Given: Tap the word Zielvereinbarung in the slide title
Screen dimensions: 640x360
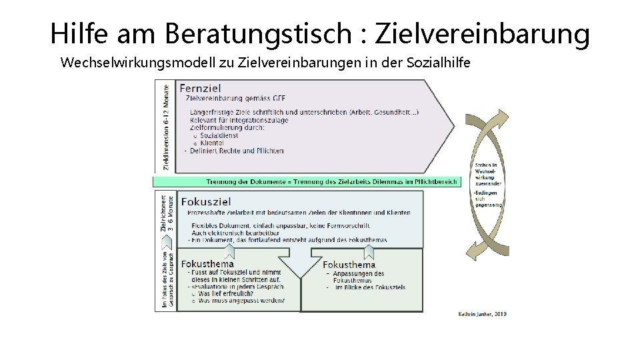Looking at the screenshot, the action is pos(483,34).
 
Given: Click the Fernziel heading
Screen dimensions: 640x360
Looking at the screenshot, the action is pos(201,88).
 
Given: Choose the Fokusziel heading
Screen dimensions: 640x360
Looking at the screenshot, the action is pos(206,201).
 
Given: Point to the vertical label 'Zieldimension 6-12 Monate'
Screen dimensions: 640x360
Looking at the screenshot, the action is pos(165,125).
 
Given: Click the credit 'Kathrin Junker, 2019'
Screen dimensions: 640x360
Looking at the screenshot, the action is pos(482,313).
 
